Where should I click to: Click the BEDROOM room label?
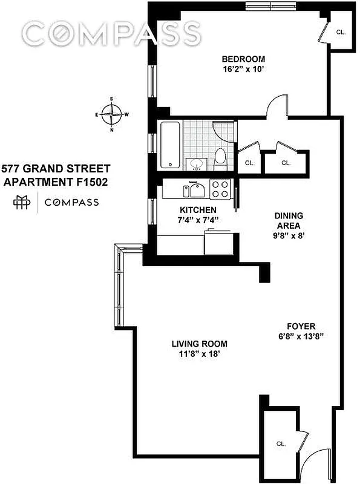(243, 59)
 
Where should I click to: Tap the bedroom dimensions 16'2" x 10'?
(243, 69)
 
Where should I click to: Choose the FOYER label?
(301, 325)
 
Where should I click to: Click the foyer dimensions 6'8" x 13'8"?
(301, 336)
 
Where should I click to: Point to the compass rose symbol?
(111, 113)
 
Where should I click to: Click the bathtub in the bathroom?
(169, 145)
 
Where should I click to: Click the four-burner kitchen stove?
(220, 189)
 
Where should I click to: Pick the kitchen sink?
(195, 191)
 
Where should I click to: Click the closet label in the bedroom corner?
(340, 31)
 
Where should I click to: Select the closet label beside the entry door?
(281, 443)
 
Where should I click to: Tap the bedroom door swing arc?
(276, 105)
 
